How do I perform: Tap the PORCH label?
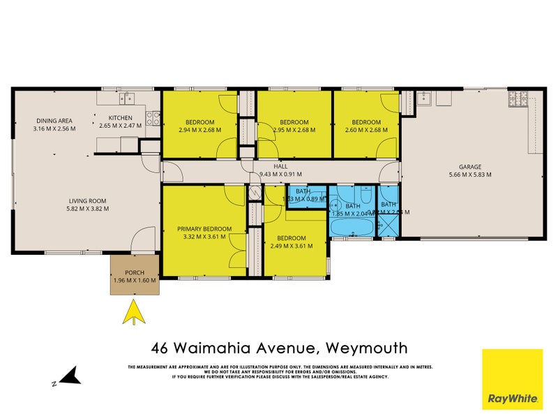point(135,273)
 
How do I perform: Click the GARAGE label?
point(470,167)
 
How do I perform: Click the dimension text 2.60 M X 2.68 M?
point(365,130)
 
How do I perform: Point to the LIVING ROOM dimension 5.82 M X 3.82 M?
point(87,208)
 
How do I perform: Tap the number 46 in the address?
point(162,347)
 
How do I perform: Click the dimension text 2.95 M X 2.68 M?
point(294,130)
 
